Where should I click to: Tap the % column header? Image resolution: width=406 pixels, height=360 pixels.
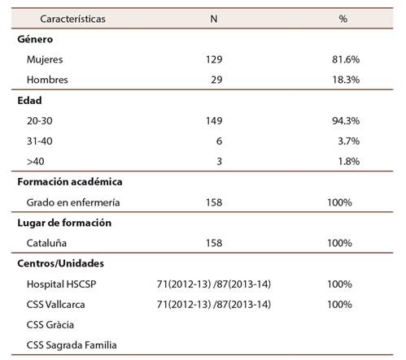pyautogui.click(x=343, y=17)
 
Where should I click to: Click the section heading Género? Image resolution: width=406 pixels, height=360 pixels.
pyautogui.click(x=36, y=38)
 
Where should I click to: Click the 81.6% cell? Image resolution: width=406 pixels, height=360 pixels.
pyautogui.click(x=344, y=59)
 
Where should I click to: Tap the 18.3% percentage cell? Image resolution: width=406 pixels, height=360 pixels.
pyautogui.click(x=344, y=80)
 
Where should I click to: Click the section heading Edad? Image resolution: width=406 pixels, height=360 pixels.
pyautogui.click(x=30, y=100)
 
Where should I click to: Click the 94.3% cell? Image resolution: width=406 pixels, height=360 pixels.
pyautogui.click(x=344, y=120)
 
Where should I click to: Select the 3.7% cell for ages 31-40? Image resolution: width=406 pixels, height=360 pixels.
pyautogui.click(x=347, y=141)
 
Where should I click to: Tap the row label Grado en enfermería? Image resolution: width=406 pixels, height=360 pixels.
pyautogui.click(x=73, y=202)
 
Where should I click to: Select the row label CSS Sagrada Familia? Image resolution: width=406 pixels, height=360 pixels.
pyautogui.click(x=72, y=345)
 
